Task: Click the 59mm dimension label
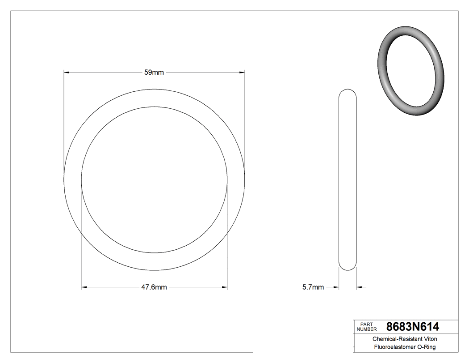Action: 154,73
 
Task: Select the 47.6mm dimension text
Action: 154,287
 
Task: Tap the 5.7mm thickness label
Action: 313,287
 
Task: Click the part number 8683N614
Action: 413,327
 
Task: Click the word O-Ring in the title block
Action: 426,347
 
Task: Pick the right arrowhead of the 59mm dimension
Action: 242,72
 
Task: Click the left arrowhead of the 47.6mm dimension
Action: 84,287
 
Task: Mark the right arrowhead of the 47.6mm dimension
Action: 225,287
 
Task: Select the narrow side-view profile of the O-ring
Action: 348,179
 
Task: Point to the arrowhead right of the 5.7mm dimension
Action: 359,287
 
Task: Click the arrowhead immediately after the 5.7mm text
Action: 336,287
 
